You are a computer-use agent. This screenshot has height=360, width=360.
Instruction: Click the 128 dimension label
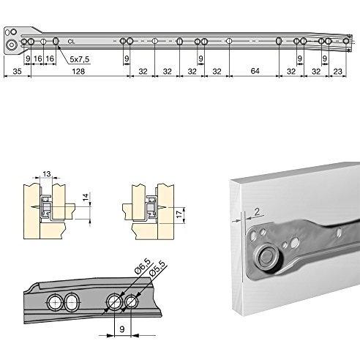[78, 71]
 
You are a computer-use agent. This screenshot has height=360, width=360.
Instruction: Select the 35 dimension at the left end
[17, 71]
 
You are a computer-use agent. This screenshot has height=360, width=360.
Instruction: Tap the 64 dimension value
[255, 71]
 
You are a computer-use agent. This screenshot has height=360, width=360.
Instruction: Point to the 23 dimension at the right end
[337, 72]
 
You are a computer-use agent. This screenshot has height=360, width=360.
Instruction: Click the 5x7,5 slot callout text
[80, 59]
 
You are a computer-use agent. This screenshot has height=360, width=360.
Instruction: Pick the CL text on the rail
[71, 42]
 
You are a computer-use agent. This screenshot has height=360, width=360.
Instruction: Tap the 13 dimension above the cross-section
[47, 174]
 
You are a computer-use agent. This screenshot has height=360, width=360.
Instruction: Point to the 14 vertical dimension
[86, 198]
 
